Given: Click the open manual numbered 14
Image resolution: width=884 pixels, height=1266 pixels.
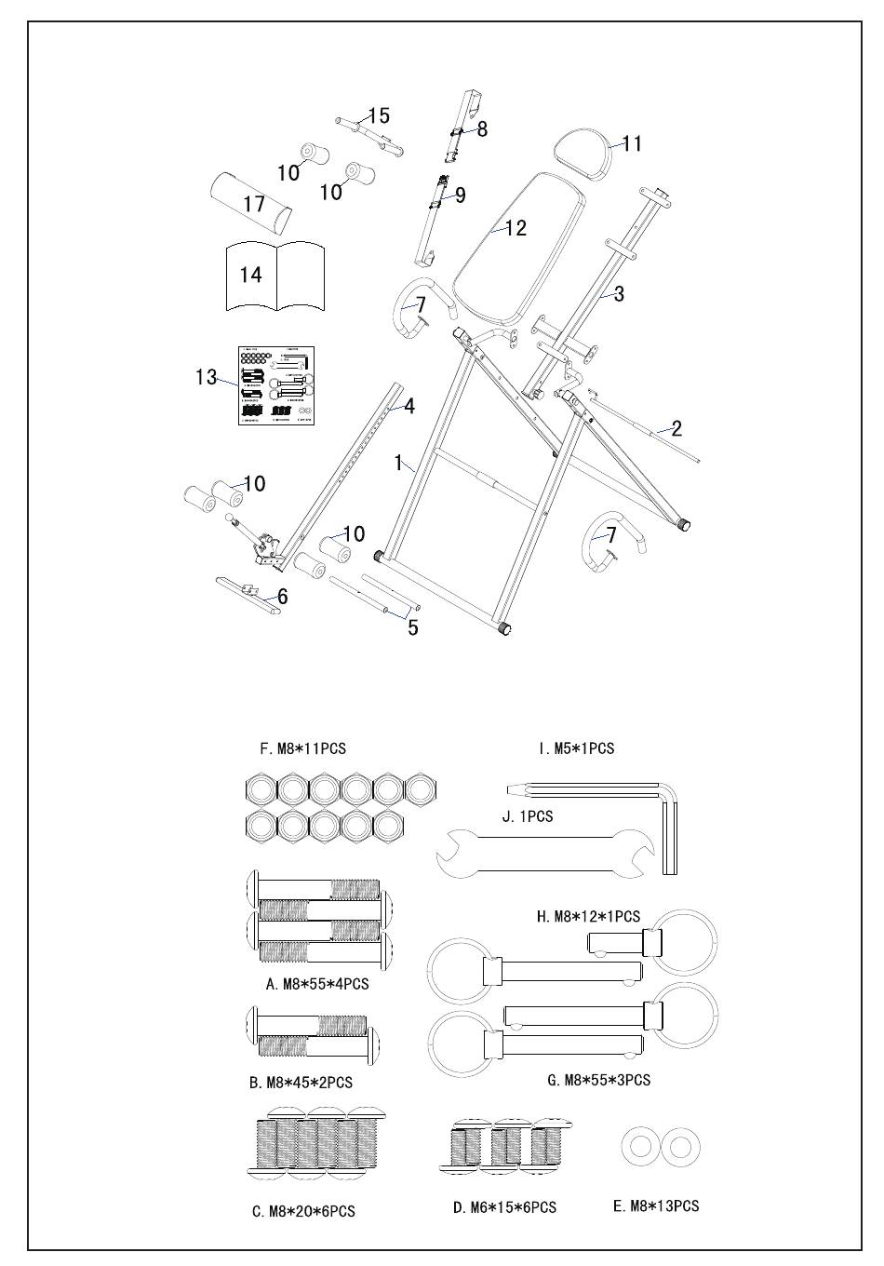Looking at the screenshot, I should click(x=276, y=276).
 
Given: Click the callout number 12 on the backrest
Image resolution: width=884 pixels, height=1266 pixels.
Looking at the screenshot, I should click(x=516, y=228).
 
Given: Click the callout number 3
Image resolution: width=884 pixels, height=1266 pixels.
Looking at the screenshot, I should click(x=619, y=294).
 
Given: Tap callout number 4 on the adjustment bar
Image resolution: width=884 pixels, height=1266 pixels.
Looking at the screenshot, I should click(x=409, y=406).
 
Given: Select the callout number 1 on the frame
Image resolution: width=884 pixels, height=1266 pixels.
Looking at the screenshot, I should click(x=399, y=463).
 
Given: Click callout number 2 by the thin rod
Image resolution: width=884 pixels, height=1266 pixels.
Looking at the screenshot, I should click(x=676, y=428).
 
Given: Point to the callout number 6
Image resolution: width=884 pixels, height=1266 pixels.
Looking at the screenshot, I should click(x=282, y=597).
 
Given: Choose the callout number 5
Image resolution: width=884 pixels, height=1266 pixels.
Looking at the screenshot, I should click(x=413, y=627).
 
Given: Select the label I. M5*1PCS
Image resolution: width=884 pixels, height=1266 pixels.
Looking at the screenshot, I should click(x=576, y=748).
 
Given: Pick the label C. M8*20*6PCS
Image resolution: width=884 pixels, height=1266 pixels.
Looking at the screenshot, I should click(x=303, y=1211).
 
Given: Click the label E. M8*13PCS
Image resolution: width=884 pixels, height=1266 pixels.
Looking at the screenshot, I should click(x=656, y=1205).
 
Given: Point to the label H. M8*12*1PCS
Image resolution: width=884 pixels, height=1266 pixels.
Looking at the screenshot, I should click(x=588, y=917).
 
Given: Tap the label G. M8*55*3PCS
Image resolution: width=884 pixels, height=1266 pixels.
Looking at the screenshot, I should click(x=599, y=1080).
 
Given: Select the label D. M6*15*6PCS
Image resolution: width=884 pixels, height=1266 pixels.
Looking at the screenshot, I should click(x=504, y=1207).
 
